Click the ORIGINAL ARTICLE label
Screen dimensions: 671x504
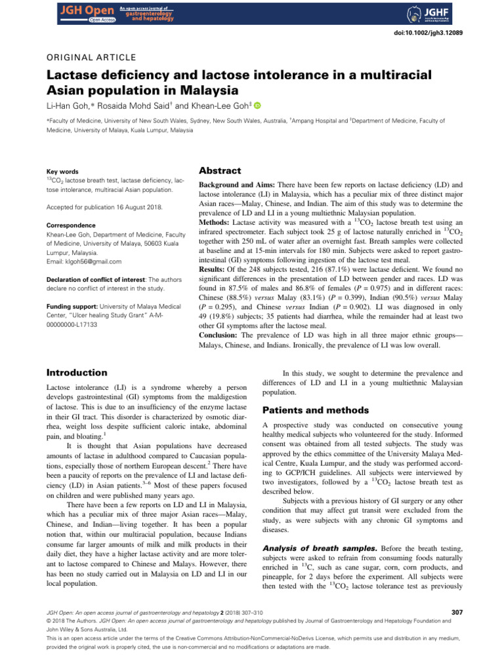tap(91, 58)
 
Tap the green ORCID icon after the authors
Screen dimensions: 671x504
tap(238, 105)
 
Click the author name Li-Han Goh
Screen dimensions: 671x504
tap(68, 105)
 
